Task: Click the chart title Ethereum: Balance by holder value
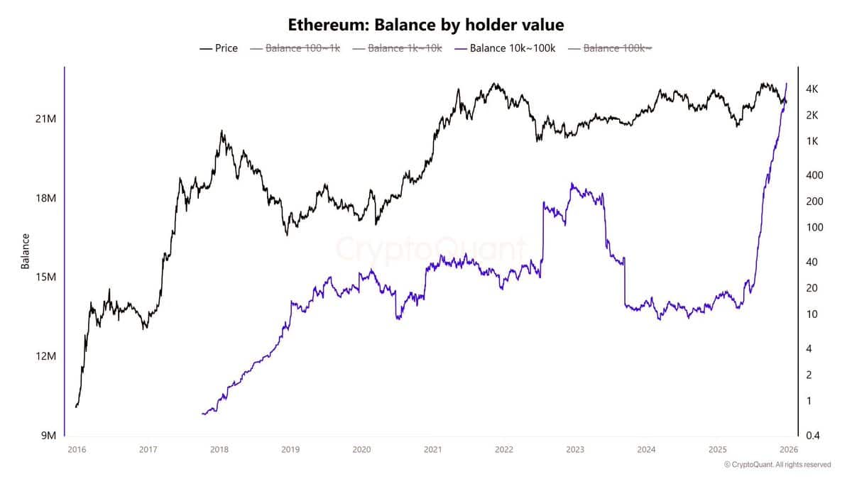click(426, 25)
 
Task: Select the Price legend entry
click(219, 48)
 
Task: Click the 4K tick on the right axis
click(812, 89)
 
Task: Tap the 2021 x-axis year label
click(432, 449)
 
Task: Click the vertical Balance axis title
click(26, 251)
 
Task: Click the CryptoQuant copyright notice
click(777, 465)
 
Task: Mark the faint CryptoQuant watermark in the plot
click(430, 250)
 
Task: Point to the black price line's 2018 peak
click(222, 131)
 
